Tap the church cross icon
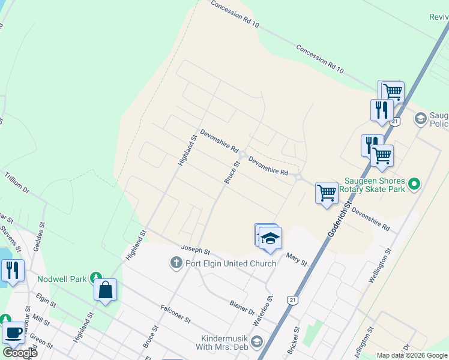pyautogui.click(x=176, y=263)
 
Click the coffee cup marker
pyautogui.click(x=13, y=333)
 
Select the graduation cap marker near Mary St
pyautogui.click(x=270, y=238)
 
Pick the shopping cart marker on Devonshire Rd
pyautogui.click(x=327, y=193)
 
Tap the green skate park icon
pyautogui.click(x=414, y=184)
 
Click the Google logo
pyautogui.click(x=20, y=353)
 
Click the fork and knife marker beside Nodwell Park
pyautogui.click(x=13, y=271)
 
